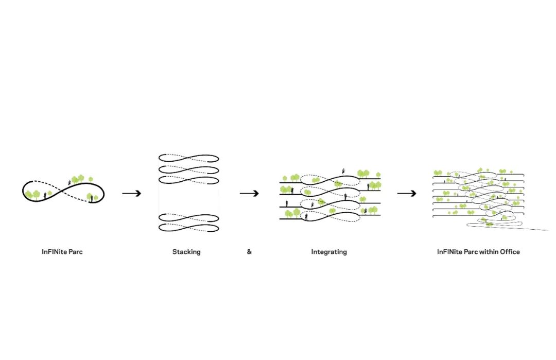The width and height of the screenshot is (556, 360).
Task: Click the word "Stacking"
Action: pos(186,252)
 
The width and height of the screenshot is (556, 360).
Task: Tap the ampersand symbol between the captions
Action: pos(249,252)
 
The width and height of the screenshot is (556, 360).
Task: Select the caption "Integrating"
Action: pos(328,252)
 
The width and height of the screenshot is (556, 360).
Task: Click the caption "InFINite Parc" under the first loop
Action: pos(62,252)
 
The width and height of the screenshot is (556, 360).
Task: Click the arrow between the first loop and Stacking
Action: pos(132,193)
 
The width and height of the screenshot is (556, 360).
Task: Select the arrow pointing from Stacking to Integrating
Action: pos(249,193)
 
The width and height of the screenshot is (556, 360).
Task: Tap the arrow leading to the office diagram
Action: pos(407,193)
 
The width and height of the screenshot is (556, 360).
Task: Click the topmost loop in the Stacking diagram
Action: pos(188,158)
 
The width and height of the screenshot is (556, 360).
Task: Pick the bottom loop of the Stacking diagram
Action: pos(188,227)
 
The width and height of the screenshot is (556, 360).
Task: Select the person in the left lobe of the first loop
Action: pos(45,195)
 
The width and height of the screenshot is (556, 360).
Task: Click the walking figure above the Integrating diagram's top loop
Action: pos(344,172)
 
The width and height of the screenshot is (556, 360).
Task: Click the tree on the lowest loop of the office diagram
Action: pos(486,223)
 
